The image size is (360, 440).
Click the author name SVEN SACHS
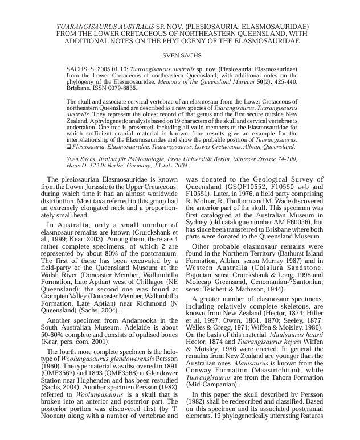click(179, 56)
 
